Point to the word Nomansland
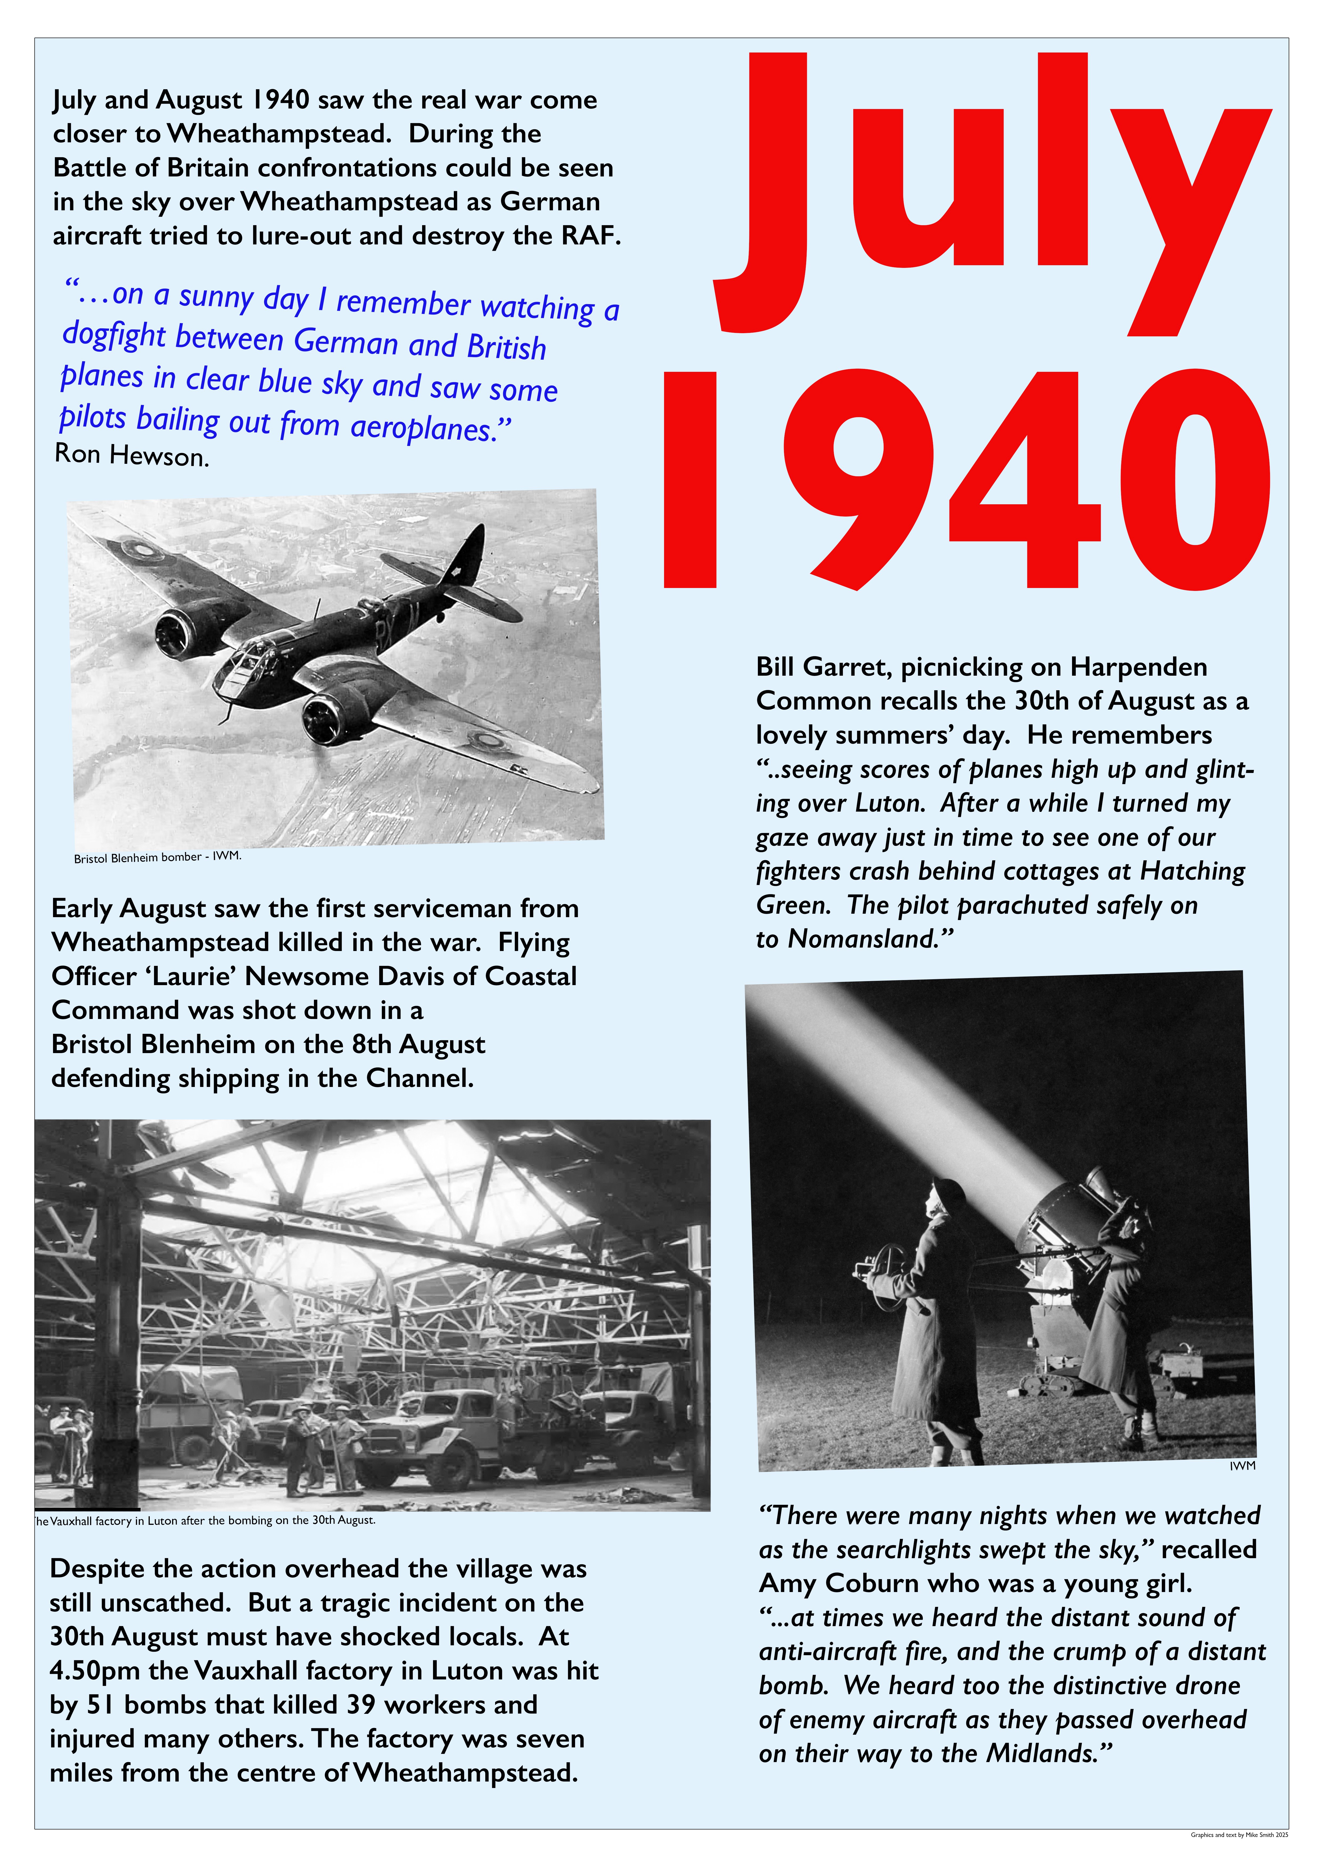[x=863, y=939]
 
